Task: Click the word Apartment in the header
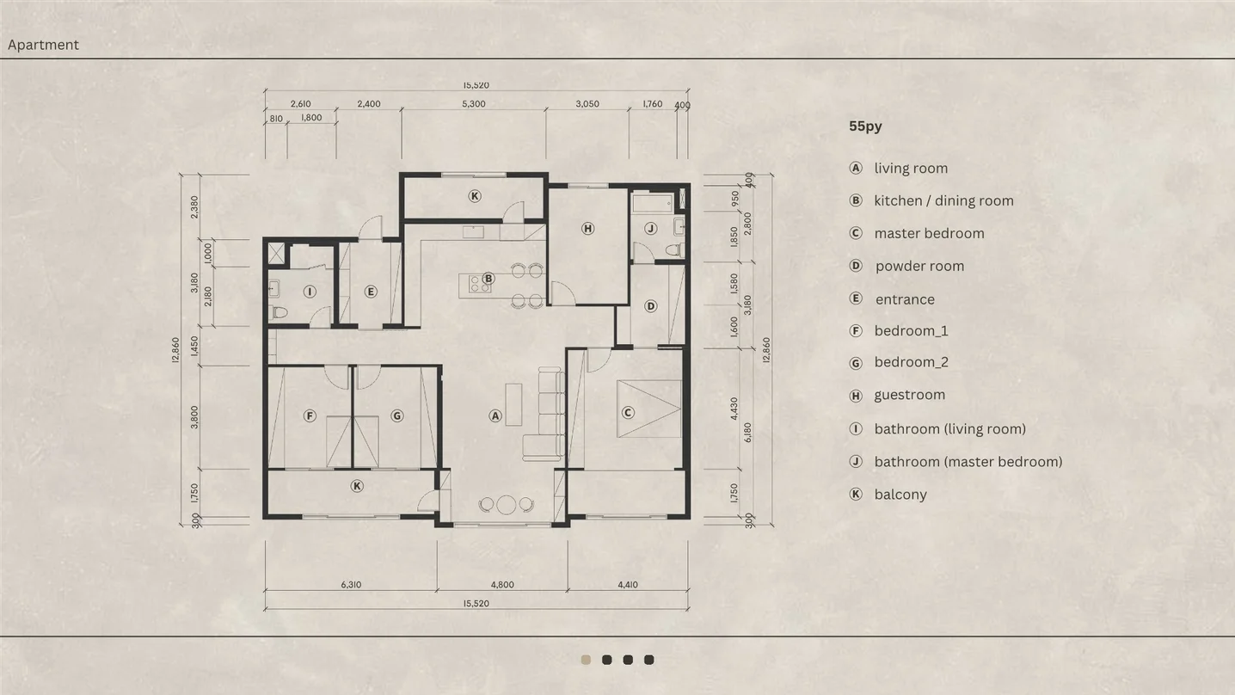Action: point(43,45)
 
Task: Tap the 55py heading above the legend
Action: point(865,126)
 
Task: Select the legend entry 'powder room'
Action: point(919,267)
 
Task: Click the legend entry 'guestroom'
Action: point(910,395)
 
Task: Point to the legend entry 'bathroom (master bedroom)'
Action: point(968,462)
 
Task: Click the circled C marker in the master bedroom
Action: point(628,413)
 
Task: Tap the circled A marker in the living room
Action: point(495,416)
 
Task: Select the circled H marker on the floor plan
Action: point(587,228)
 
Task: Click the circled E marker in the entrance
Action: point(371,292)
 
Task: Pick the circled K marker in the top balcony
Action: point(474,196)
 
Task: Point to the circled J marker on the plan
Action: point(650,228)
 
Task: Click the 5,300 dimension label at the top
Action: point(474,104)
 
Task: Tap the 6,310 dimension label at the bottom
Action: point(351,585)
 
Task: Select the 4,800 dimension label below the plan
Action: point(502,585)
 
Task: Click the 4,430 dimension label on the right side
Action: point(734,409)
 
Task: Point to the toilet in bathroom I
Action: point(279,313)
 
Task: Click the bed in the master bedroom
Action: point(649,409)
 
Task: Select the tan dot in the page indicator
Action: point(586,660)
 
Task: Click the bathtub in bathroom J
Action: point(652,203)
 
